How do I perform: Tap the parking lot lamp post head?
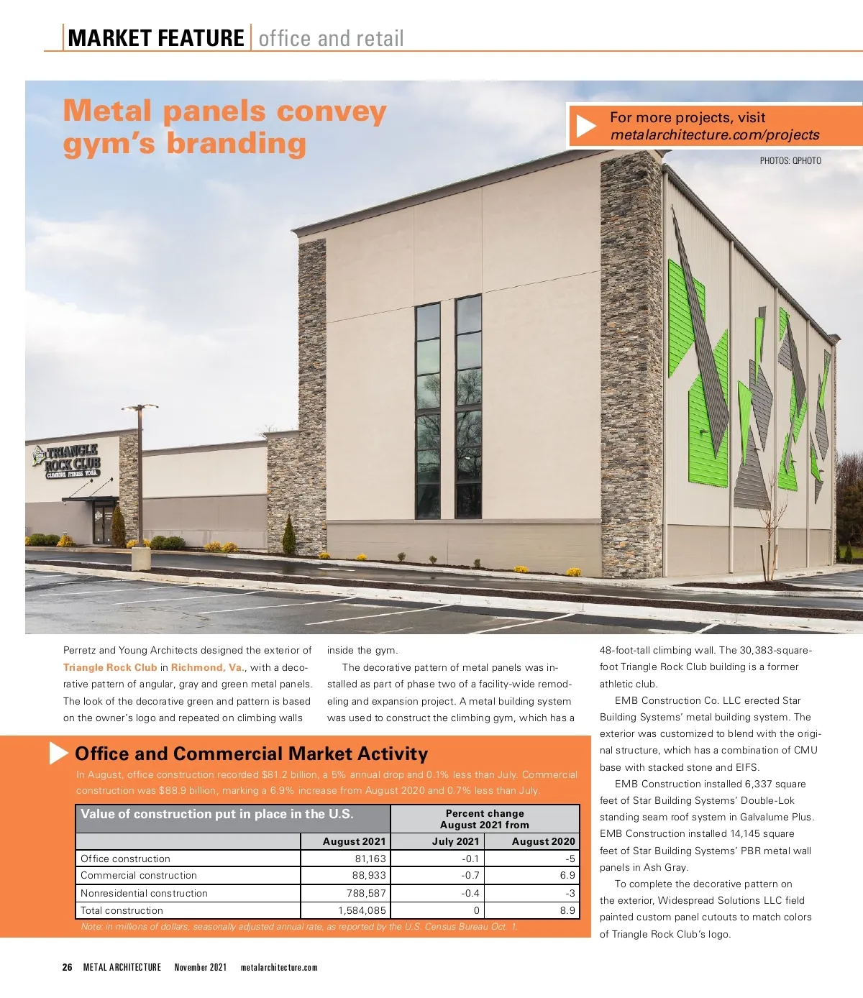click(140, 408)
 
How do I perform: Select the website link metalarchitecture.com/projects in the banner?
click(715, 135)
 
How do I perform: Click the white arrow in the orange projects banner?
click(586, 127)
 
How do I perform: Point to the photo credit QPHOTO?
click(790, 160)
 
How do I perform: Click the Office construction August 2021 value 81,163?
click(370, 859)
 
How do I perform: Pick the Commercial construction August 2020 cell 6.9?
click(567, 875)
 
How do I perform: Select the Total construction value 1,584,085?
click(362, 910)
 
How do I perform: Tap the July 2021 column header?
click(455, 841)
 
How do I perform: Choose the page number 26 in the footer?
click(68, 967)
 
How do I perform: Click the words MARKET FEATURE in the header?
click(156, 38)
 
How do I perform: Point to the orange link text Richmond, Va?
click(207, 667)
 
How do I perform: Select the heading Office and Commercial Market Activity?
click(251, 754)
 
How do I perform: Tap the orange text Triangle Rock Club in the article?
click(110, 667)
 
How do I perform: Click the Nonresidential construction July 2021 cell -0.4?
click(470, 893)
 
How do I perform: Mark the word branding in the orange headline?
click(237, 143)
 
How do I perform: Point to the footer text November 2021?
click(200, 967)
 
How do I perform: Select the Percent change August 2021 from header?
click(485, 819)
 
